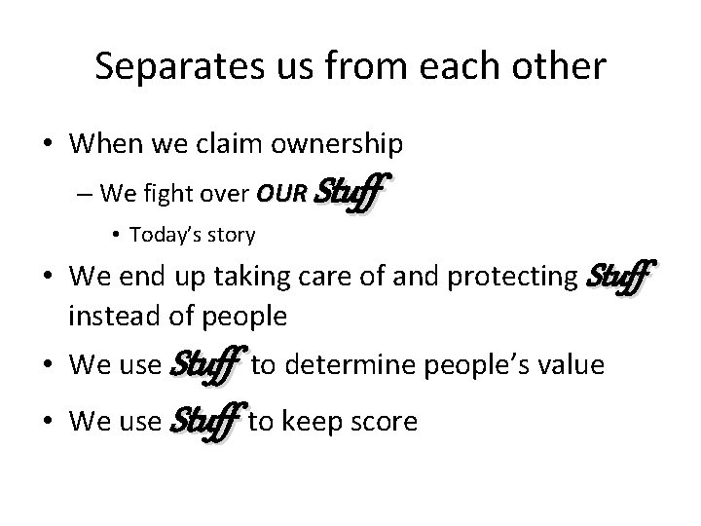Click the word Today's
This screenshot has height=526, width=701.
tap(164, 234)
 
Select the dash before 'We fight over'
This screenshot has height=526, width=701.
tap(84, 193)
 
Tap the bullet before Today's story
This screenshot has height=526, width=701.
tap(117, 235)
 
